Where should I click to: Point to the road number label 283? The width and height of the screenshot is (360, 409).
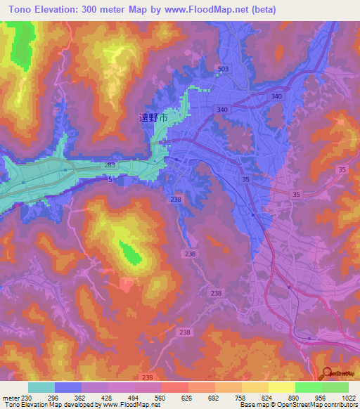110,165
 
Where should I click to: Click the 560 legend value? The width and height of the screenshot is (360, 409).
169,397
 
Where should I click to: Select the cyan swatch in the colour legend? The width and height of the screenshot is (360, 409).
41,387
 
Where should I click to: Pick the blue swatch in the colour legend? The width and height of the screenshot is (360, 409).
67,387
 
